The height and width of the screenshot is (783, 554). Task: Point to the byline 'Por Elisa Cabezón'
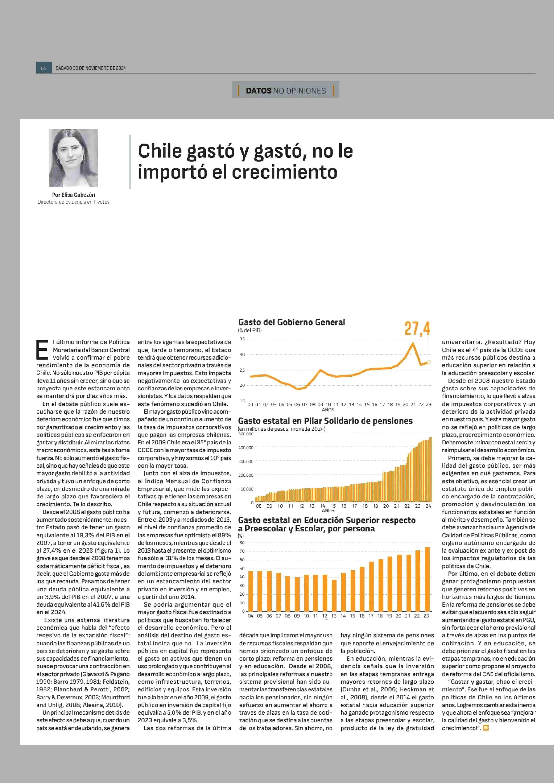[73, 195]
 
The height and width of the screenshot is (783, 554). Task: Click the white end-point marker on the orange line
[429, 362]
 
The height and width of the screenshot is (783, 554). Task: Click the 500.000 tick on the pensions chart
[246, 434]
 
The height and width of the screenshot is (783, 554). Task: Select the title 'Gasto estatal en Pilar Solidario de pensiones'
[325, 421]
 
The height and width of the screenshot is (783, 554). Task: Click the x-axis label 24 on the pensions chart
[428, 506]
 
